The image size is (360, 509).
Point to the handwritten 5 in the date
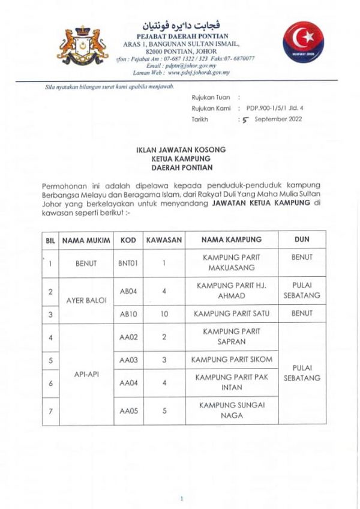point(244,119)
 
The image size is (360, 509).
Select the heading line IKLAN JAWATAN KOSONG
point(180,149)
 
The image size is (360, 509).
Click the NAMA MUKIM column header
point(86,239)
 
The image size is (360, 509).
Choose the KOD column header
point(128,239)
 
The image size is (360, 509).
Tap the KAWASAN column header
point(164,239)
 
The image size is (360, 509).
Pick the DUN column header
point(302,239)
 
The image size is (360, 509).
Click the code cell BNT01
point(128,263)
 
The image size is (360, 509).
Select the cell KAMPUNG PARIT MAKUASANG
point(231,262)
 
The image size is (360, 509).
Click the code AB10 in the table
point(128,313)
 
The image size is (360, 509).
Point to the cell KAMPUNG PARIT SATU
point(231,313)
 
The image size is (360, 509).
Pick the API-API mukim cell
point(86,373)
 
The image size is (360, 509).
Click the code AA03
point(128,360)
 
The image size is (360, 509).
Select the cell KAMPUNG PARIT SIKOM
point(231,360)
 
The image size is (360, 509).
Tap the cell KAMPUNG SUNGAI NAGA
point(231,410)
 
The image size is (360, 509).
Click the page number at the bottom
point(181,498)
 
